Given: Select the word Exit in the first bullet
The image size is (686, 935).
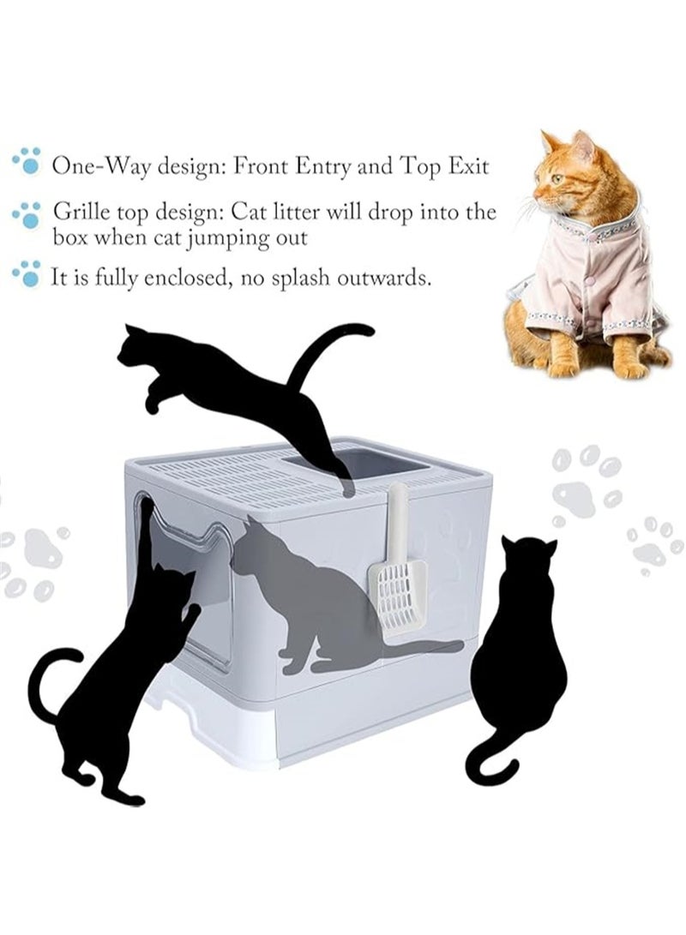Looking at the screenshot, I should click(x=466, y=166).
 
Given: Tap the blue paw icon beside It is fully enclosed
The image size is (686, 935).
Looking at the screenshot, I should click(x=28, y=273).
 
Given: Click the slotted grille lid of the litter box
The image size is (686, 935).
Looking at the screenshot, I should click(x=214, y=480).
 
